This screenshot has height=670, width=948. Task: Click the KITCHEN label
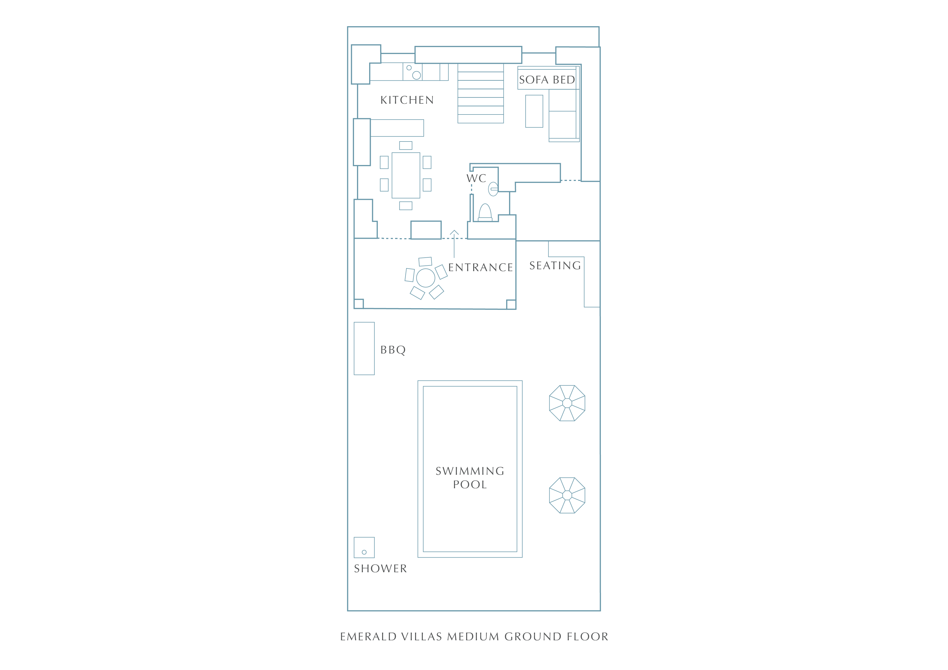[407, 100]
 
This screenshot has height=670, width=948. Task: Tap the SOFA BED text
[547, 80]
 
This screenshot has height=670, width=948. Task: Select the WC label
[476, 179]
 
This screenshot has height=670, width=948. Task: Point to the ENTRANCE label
[480, 268]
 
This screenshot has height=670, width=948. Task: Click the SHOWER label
[380, 568]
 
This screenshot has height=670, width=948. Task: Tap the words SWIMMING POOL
[470, 478]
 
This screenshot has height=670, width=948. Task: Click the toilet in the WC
[485, 213]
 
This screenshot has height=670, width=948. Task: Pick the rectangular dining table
[406, 175]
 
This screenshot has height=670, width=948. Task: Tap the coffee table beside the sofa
[534, 111]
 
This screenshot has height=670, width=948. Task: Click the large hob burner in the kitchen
[417, 75]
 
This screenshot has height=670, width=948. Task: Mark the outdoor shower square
[364, 547]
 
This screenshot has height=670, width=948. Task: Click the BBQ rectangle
[364, 349]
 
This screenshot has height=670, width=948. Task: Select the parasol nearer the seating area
[567, 403]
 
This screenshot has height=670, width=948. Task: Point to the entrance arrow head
[454, 232]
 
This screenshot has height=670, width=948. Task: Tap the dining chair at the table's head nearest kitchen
[406, 145]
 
